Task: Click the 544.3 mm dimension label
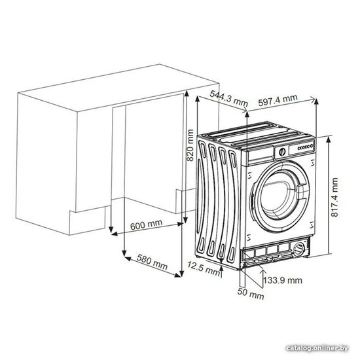(x=229, y=99)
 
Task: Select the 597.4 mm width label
(x=278, y=100)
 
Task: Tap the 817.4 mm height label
(x=334, y=197)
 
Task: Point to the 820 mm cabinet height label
(x=190, y=145)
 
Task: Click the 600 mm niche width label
(x=146, y=225)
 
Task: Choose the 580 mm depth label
(x=152, y=262)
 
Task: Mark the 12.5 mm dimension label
(x=204, y=268)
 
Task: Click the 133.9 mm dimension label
(x=283, y=280)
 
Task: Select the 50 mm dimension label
(x=251, y=294)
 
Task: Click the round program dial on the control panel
(x=282, y=152)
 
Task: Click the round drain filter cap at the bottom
(x=298, y=249)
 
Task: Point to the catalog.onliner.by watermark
(x=317, y=348)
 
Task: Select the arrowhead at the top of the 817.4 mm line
(x=329, y=139)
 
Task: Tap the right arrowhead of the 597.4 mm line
(x=312, y=99)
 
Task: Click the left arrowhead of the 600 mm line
(x=115, y=234)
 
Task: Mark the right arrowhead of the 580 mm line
(x=177, y=275)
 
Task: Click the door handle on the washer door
(x=300, y=190)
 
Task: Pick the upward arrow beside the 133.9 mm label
(x=262, y=278)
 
